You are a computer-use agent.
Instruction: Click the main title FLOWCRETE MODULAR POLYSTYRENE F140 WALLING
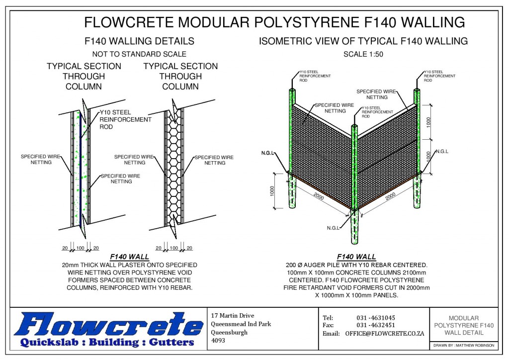tap(274, 22)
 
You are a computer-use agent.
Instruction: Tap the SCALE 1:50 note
tap(363, 54)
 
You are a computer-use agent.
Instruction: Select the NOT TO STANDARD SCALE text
tap(139, 54)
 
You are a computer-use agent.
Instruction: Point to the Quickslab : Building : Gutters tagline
tap(107, 343)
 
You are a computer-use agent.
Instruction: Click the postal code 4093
tap(218, 341)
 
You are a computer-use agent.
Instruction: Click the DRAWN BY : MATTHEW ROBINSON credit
tap(463, 345)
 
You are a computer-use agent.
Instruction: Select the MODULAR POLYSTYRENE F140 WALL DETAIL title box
tap(463, 325)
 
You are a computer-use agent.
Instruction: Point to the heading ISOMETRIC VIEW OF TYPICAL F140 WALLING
tap(363, 41)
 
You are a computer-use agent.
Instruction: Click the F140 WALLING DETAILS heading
tap(139, 41)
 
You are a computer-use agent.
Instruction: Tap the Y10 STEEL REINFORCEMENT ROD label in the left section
tap(125, 119)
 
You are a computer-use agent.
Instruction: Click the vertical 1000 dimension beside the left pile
tap(272, 191)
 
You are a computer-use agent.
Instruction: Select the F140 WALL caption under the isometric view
tap(356, 257)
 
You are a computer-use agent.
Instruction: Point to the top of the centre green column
tap(354, 125)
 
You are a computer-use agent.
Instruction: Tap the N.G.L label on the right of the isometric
tap(441, 152)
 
